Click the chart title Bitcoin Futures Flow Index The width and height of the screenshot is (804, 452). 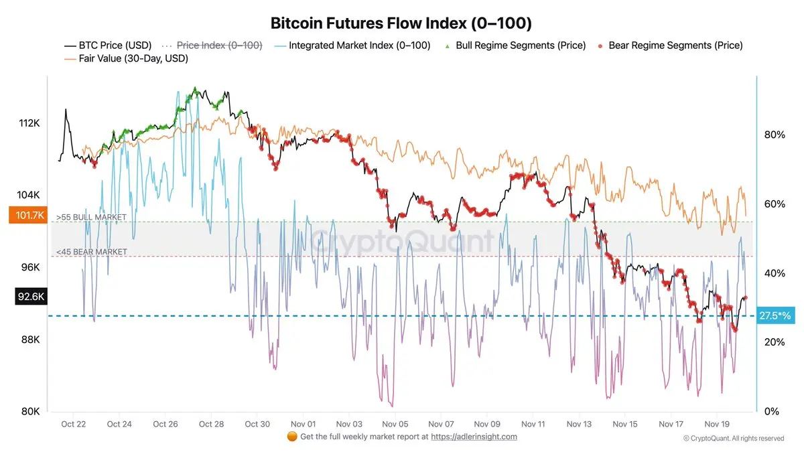401,23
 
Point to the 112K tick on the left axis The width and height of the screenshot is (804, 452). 29,123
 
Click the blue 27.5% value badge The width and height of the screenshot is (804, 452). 775,315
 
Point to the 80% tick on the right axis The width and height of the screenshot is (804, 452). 774,135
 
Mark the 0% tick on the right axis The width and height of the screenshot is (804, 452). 771,411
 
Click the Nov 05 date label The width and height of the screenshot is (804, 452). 395,424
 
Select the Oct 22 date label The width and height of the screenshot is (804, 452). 73,424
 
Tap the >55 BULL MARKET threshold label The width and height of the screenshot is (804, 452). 92,218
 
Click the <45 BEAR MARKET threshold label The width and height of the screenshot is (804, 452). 92,252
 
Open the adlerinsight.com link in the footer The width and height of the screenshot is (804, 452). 474,437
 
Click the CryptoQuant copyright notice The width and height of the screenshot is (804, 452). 733,439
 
